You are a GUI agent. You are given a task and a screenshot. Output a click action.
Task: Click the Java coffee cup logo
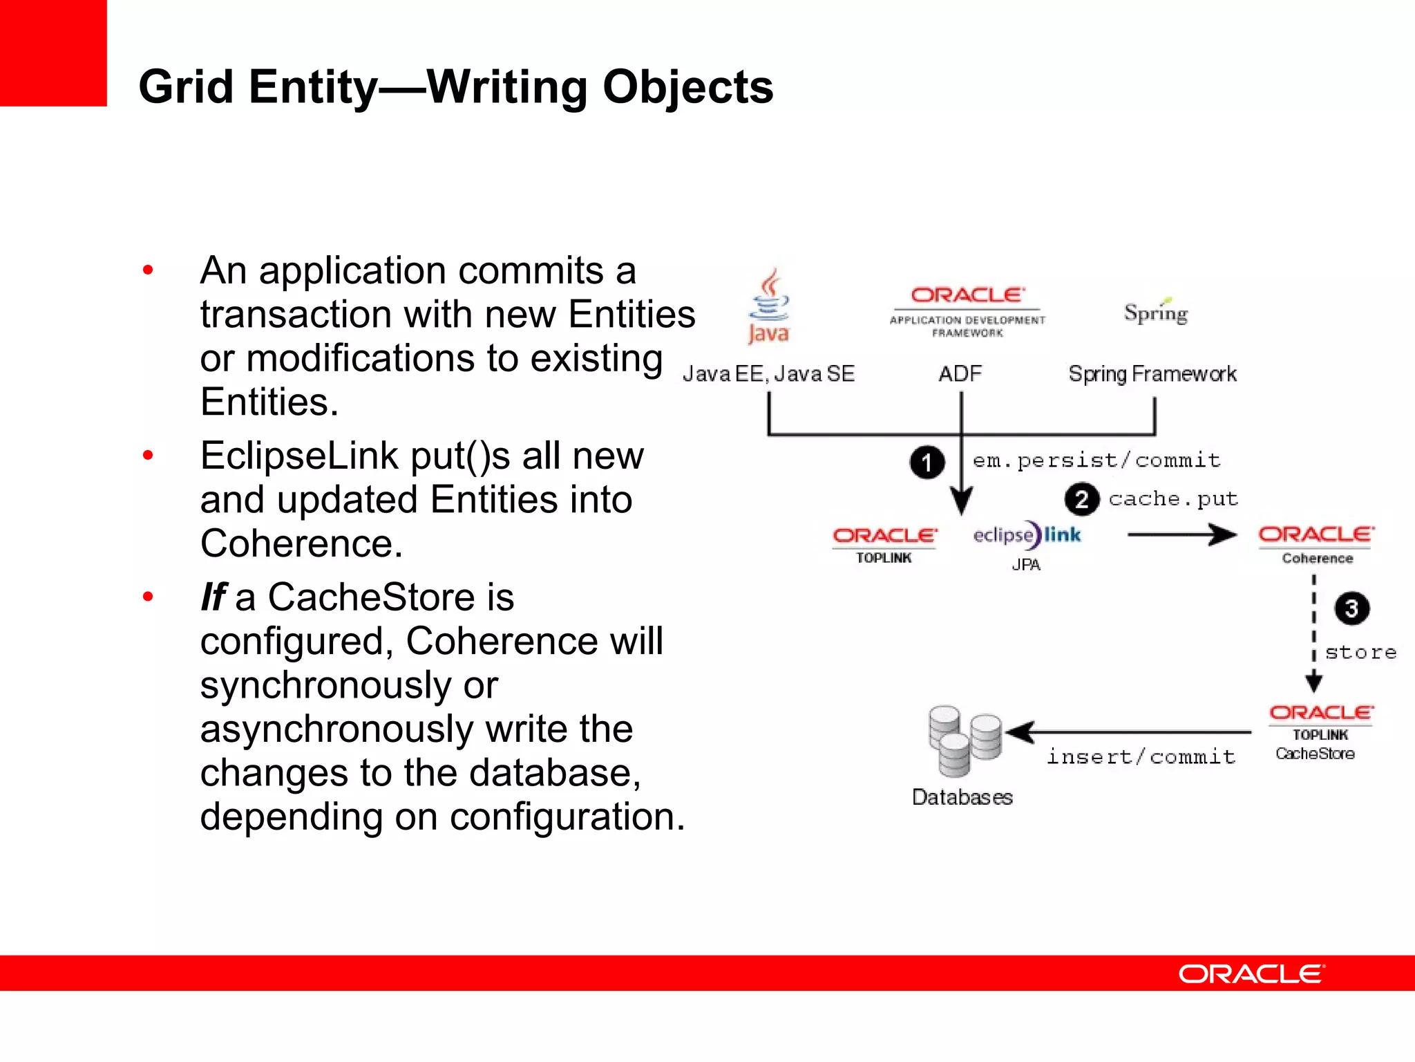[769, 307]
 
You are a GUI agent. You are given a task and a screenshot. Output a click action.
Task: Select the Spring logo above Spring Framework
[1155, 313]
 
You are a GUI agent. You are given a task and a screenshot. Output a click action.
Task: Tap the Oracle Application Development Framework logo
[967, 312]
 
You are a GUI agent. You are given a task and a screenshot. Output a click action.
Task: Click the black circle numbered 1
[927, 463]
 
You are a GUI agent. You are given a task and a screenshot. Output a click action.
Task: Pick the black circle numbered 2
[1081, 499]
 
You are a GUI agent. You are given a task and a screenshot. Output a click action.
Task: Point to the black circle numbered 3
[1351, 608]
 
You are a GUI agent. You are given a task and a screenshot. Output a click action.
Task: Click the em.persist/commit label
[1096, 460]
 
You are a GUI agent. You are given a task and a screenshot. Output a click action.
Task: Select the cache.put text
[1173, 499]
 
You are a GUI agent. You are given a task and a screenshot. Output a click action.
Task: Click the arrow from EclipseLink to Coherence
[1181, 534]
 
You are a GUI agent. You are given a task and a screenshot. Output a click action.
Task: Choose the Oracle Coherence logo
[1317, 544]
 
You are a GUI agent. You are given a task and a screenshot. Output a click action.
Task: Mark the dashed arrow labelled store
[1313, 633]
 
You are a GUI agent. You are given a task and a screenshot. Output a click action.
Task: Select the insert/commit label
[1141, 757]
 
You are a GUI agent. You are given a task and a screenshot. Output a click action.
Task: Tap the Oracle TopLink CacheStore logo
[1320, 732]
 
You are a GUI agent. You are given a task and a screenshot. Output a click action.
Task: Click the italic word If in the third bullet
[213, 597]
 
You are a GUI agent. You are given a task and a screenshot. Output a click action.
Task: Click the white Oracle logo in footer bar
[1251, 973]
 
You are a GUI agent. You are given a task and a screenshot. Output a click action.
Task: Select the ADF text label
[960, 374]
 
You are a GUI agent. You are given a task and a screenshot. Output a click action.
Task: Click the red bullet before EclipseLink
[148, 456]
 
